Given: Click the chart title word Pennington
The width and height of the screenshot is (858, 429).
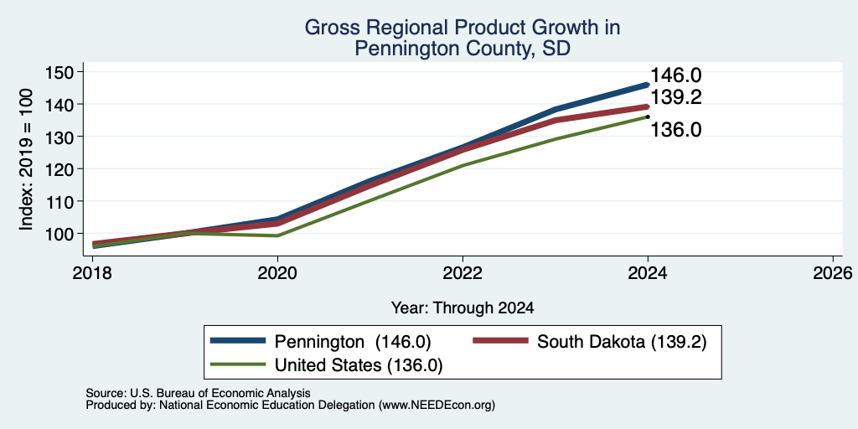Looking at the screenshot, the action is [406, 48].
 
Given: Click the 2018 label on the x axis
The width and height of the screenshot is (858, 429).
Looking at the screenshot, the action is [92, 272].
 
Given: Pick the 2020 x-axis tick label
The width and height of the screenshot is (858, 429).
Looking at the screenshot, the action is [277, 272].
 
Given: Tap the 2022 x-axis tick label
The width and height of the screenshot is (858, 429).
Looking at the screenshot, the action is [463, 272].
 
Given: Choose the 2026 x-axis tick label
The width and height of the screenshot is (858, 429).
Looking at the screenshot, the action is [833, 272].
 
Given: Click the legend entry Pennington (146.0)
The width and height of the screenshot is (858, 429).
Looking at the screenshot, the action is [353, 342].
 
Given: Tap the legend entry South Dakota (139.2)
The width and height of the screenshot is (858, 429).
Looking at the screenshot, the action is [622, 342].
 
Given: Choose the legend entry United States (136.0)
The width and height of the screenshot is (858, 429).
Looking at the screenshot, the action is [359, 365].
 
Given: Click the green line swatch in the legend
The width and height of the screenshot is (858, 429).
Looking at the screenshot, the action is [238, 364].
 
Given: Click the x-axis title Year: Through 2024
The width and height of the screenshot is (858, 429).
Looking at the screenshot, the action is [463, 308].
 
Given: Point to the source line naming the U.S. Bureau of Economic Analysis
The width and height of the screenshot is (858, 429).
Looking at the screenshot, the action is [198, 393].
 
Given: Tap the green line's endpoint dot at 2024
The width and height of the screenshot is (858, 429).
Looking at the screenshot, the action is [648, 116].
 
